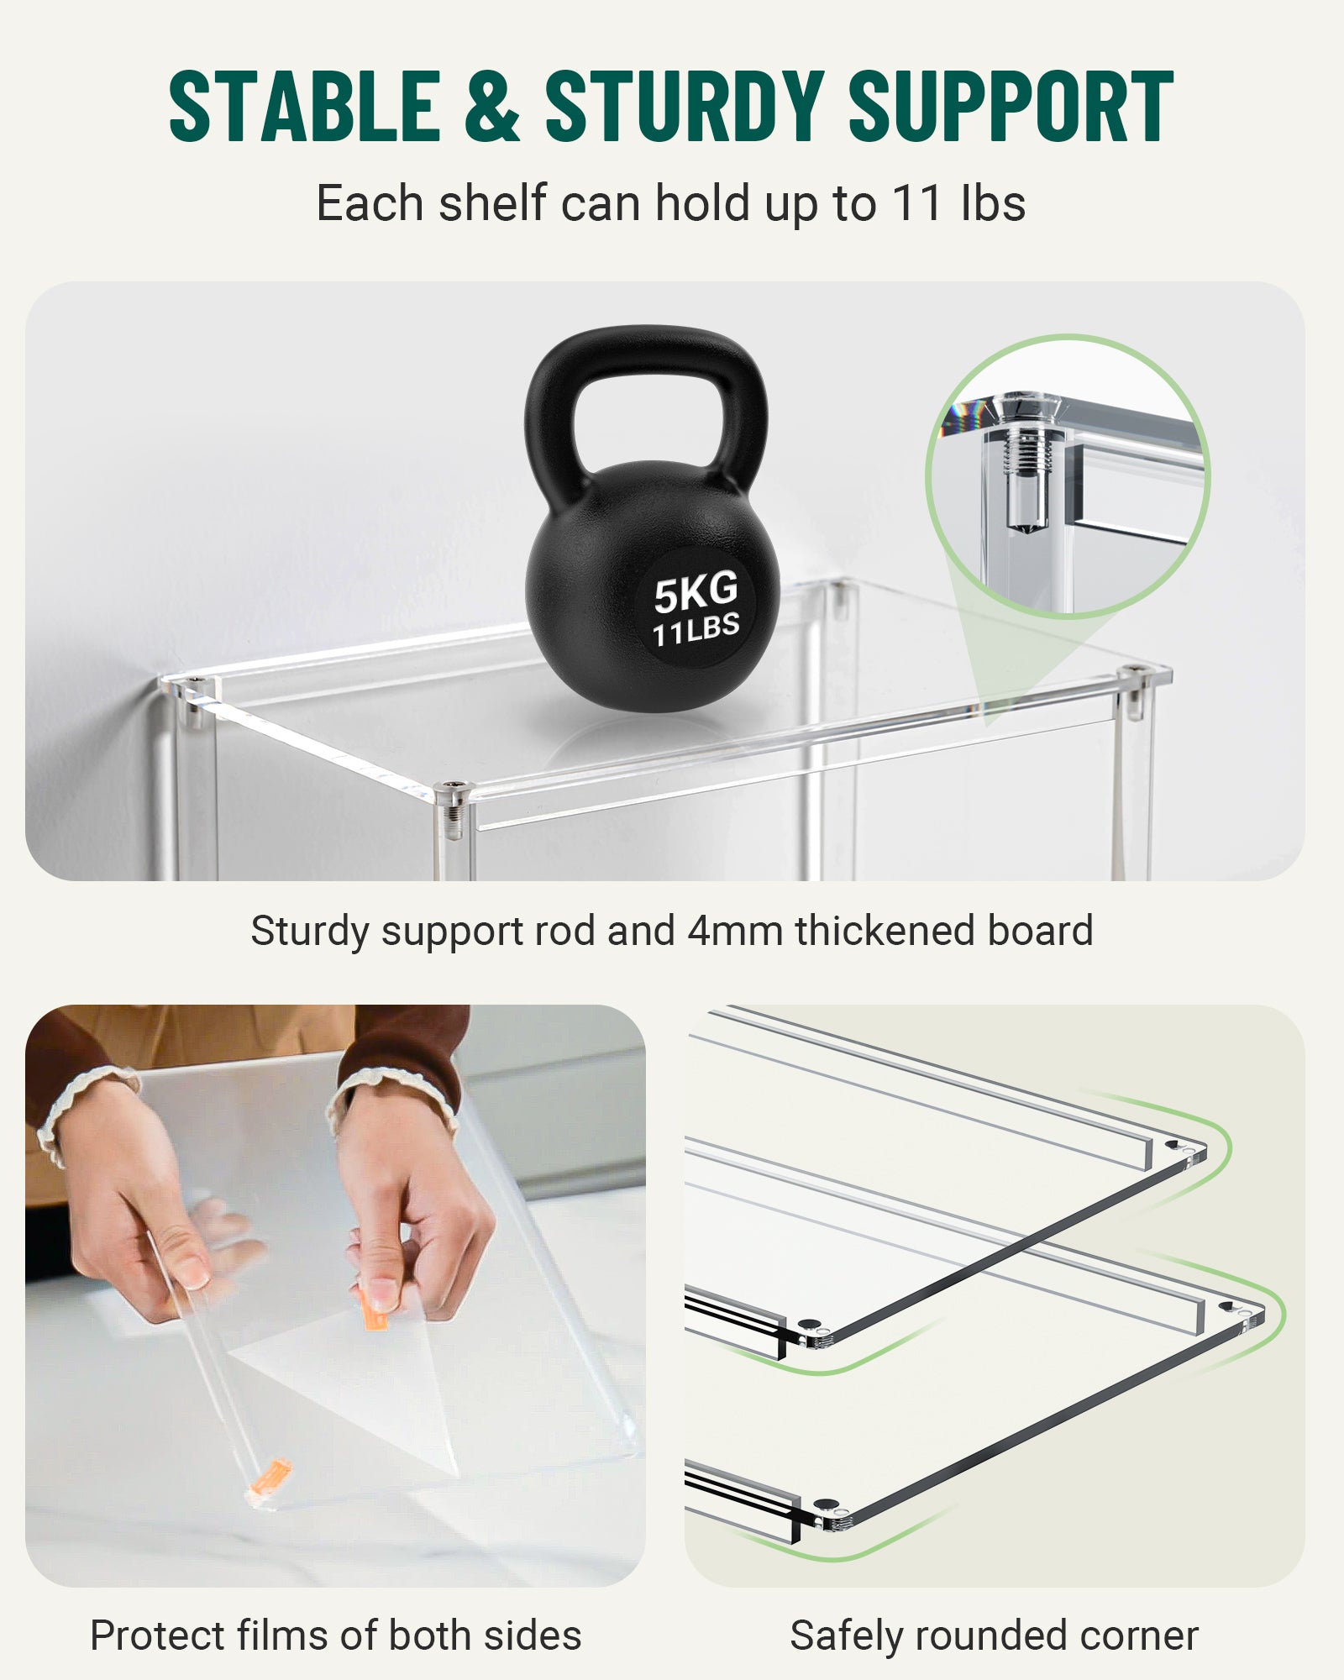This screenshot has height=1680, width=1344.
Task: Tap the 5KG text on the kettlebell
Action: pos(696,591)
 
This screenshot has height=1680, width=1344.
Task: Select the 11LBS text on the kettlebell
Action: pos(696,629)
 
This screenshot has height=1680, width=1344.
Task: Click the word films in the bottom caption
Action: pos(281,1635)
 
